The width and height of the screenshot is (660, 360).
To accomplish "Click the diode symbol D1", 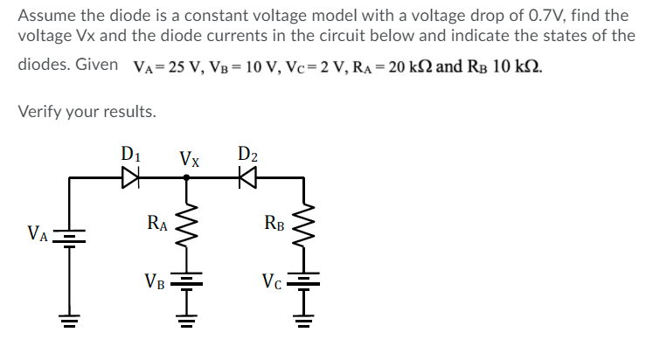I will tap(130, 178).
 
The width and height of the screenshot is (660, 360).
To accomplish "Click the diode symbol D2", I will tap(247, 178).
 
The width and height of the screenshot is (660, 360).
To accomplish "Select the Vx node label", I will tap(189, 159).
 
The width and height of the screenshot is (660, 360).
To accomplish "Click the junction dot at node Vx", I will tap(185, 178).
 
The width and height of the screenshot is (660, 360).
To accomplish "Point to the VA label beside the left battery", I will tap(38, 233).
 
